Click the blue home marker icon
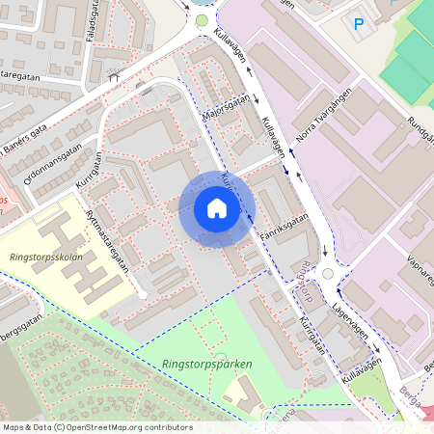click(217, 208)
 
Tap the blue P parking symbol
click(359, 24)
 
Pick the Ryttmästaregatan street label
click(106, 241)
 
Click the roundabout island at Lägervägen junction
click(328, 274)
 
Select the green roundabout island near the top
click(203, 19)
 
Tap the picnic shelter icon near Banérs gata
click(114, 76)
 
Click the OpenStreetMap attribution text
click(96, 426)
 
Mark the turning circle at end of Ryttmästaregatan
click(143, 292)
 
